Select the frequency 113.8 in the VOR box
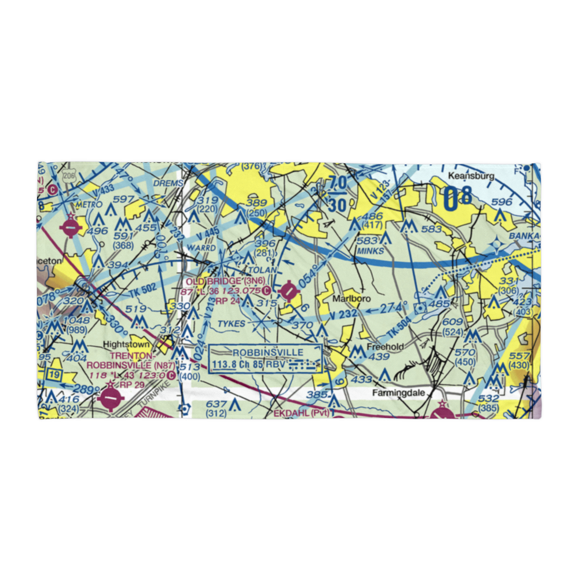click(x=226, y=365)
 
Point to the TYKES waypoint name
click(x=232, y=323)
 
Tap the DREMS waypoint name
click(x=169, y=184)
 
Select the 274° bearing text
click(x=397, y=307)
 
